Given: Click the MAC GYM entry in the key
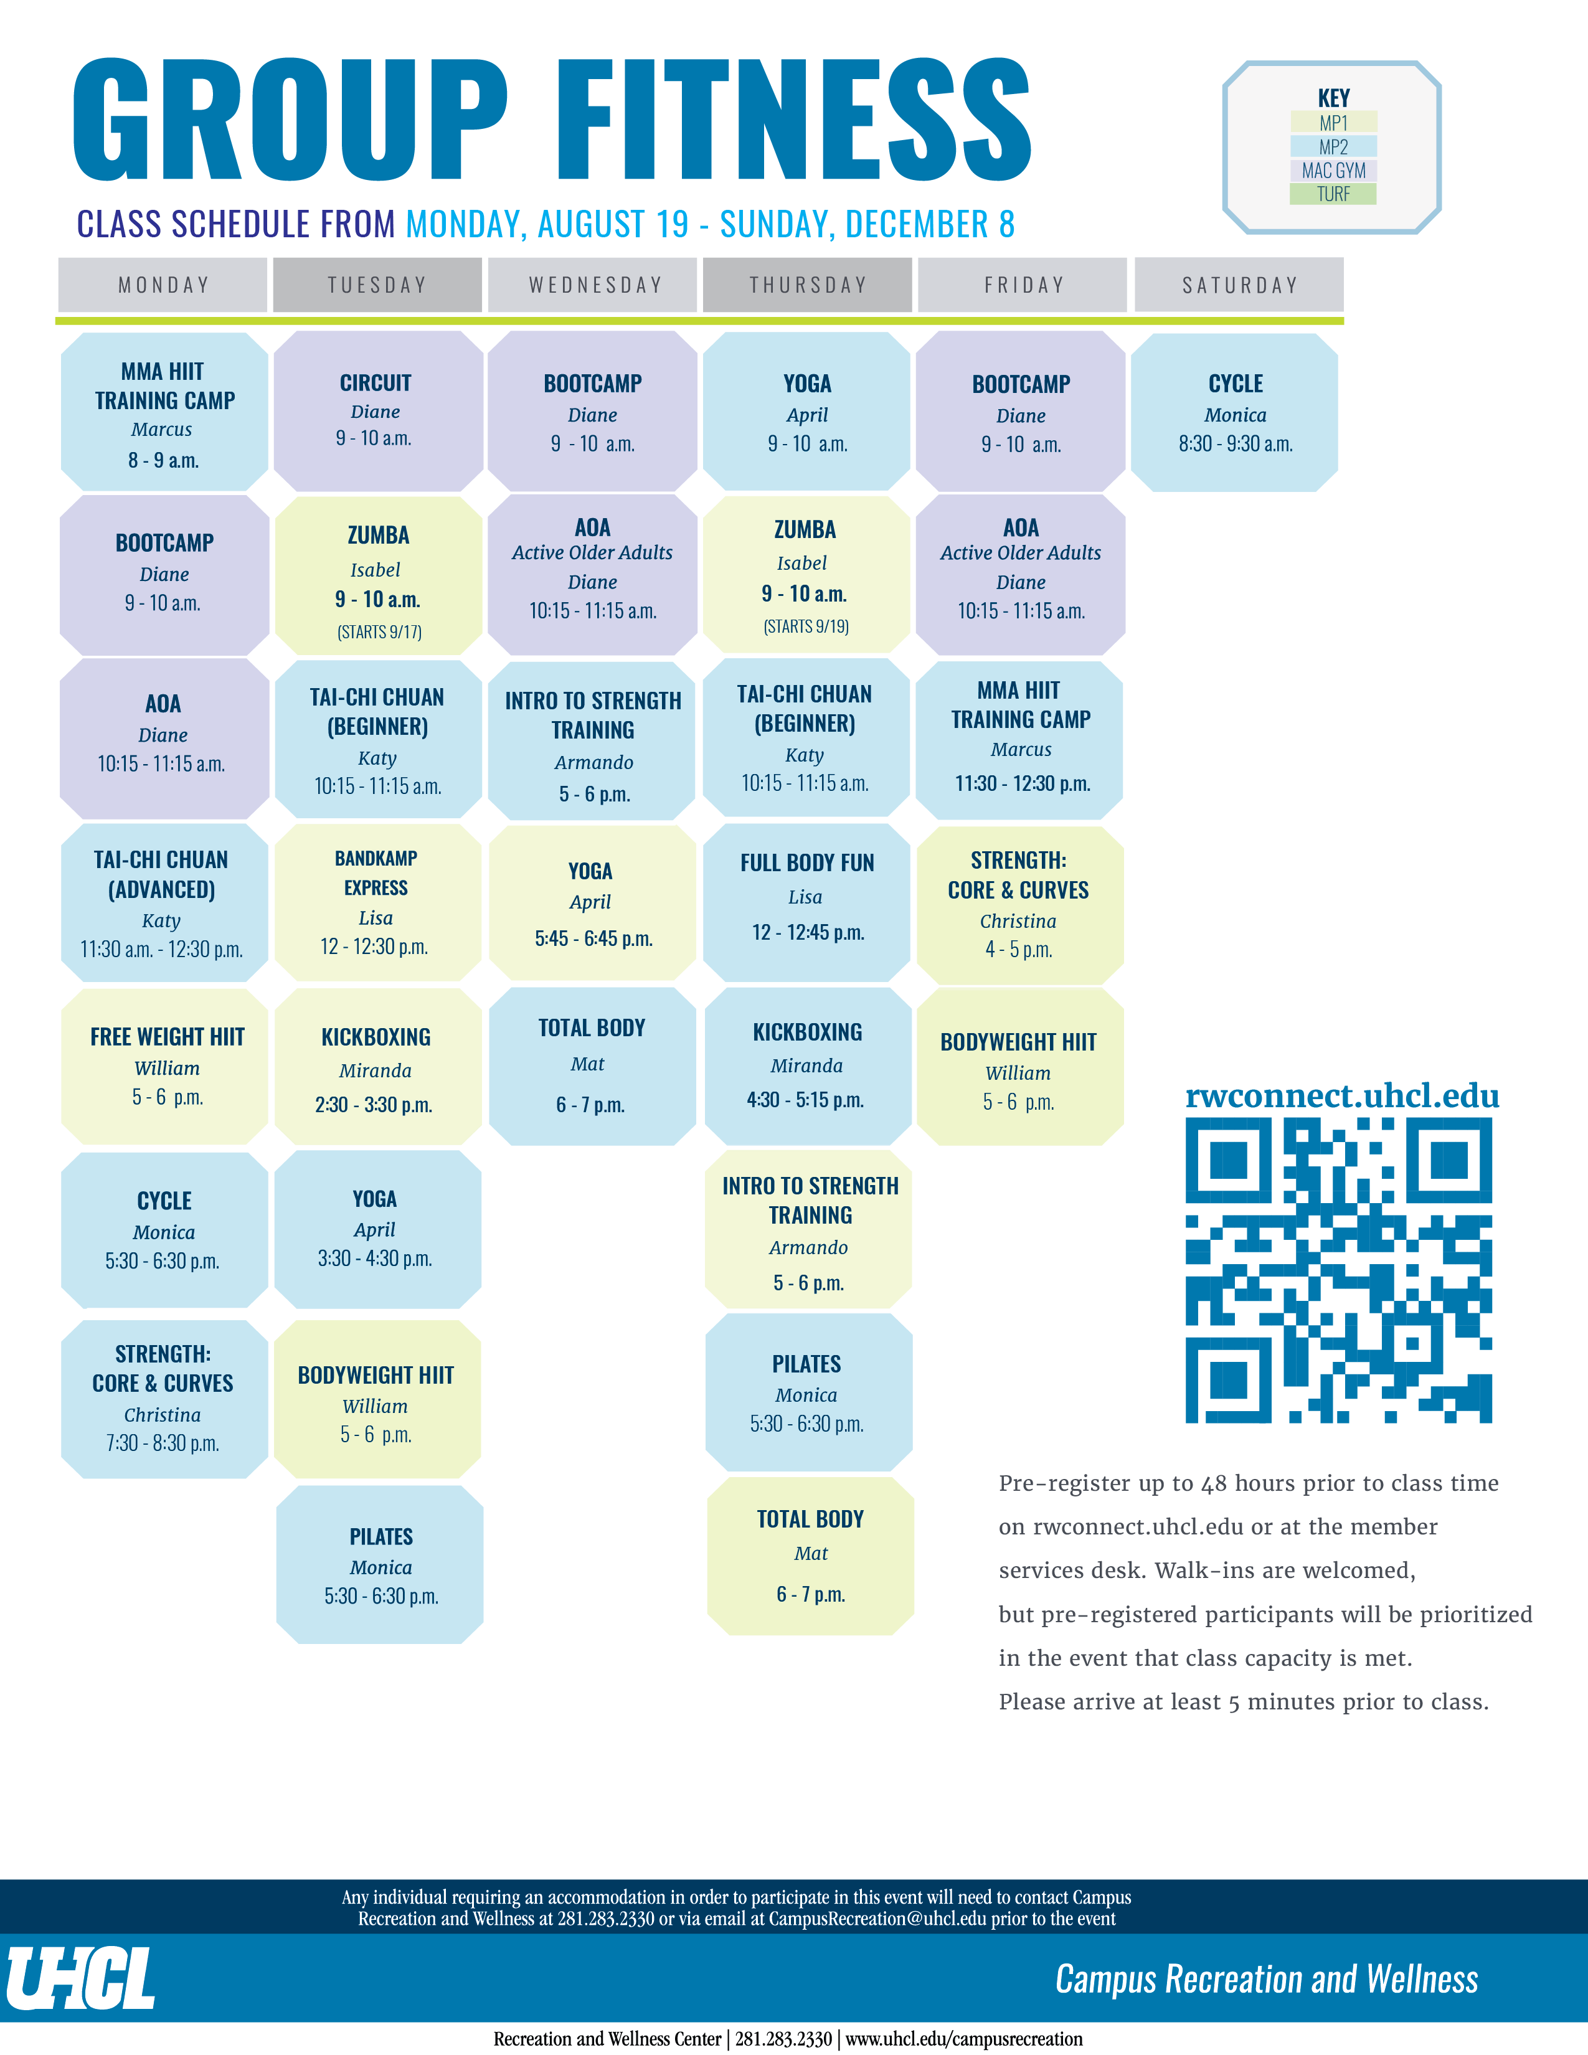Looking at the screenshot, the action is coord(1333,170).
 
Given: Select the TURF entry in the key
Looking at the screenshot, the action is coord(1333,194).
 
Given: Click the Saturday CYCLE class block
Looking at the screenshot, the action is coord(1234,412).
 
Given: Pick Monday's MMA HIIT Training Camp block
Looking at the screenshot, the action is coord(164,412).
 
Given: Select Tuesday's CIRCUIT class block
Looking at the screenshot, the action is coord(378,411).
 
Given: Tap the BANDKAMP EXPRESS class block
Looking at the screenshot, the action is coord(378,904).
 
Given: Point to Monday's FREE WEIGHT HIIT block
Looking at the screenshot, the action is coord(164,1066).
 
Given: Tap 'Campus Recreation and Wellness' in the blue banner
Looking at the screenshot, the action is coord(1266,1979).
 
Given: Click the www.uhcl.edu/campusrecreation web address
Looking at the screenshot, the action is coord(964,2039).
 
